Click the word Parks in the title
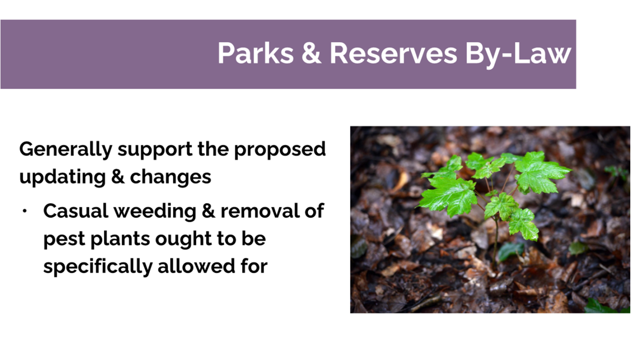click(x=256, y=53)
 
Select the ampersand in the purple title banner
click(x=311, y=53)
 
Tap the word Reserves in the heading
click(x=393, y=53)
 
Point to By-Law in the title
click(x=518, y=54)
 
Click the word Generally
click(x=66, y=150)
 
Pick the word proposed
click(x=280, y=150)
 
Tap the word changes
click(x=171, y=177)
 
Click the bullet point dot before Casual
click(x=24, y=212)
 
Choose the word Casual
click(x=75, y=211)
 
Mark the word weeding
click(x=155, y=212)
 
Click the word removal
click(x=260, y=211)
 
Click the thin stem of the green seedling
click(x=495, y=243)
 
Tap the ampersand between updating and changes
click(x=118, y=177)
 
